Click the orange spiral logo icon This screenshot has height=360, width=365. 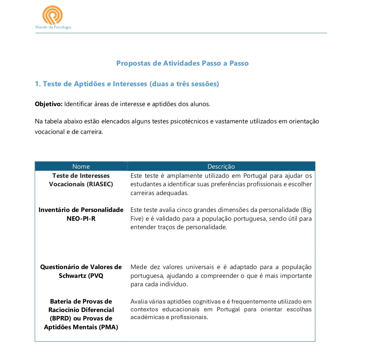(52, 15)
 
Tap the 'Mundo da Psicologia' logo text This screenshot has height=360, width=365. (53, 27)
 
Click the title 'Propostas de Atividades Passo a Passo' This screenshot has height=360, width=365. (182, 63)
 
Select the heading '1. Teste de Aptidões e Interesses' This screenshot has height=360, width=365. (127, 84)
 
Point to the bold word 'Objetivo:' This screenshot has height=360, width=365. (49, 104)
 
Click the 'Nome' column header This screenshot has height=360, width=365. (81, 166)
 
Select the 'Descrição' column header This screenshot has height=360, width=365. (221, 166)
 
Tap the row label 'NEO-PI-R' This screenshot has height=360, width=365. (81, 218)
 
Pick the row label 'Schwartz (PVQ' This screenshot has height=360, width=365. (81, 275)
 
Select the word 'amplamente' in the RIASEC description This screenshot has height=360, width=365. (185, 176)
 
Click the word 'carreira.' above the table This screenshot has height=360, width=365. (92, 132)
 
